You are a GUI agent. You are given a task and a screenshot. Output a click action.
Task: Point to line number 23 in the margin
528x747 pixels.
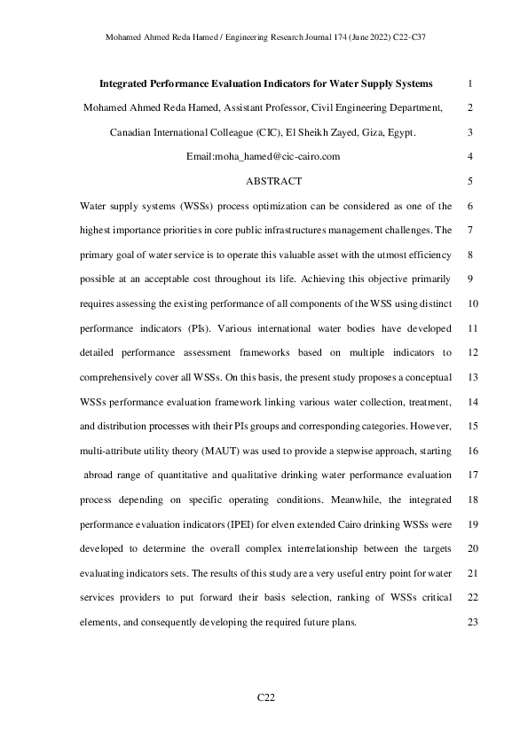470,622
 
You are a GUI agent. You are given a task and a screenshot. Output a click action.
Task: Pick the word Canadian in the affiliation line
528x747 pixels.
134,133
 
